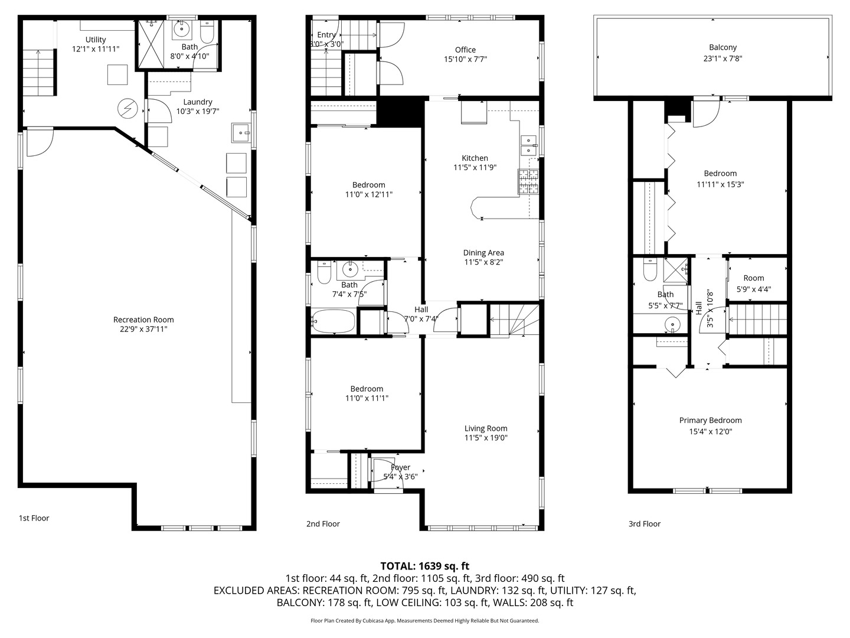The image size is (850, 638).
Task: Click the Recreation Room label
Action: pos(143,320)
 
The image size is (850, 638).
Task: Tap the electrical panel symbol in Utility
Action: pos(127,109)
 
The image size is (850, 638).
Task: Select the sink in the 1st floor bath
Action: pos(180,30)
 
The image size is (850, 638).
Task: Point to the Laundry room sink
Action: pos(241,133)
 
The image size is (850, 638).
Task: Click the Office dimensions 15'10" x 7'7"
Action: pos(465,59)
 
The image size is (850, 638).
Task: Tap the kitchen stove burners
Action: pos(528,181)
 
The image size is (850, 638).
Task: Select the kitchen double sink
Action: pos(529,145)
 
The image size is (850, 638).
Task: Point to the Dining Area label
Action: pos(483,253)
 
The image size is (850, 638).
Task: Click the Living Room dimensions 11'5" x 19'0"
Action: pos(486,438)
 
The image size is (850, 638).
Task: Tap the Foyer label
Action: pos(400,467)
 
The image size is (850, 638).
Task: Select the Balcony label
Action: pos(722,47)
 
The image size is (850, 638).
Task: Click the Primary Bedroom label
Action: pos(711,420)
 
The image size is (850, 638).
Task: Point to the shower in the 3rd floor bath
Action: pos(676,269)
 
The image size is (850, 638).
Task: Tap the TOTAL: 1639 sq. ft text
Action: pos(425,566)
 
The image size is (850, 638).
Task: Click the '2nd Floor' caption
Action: pos(323,524)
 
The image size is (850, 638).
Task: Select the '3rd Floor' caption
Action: pos(645,524)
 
